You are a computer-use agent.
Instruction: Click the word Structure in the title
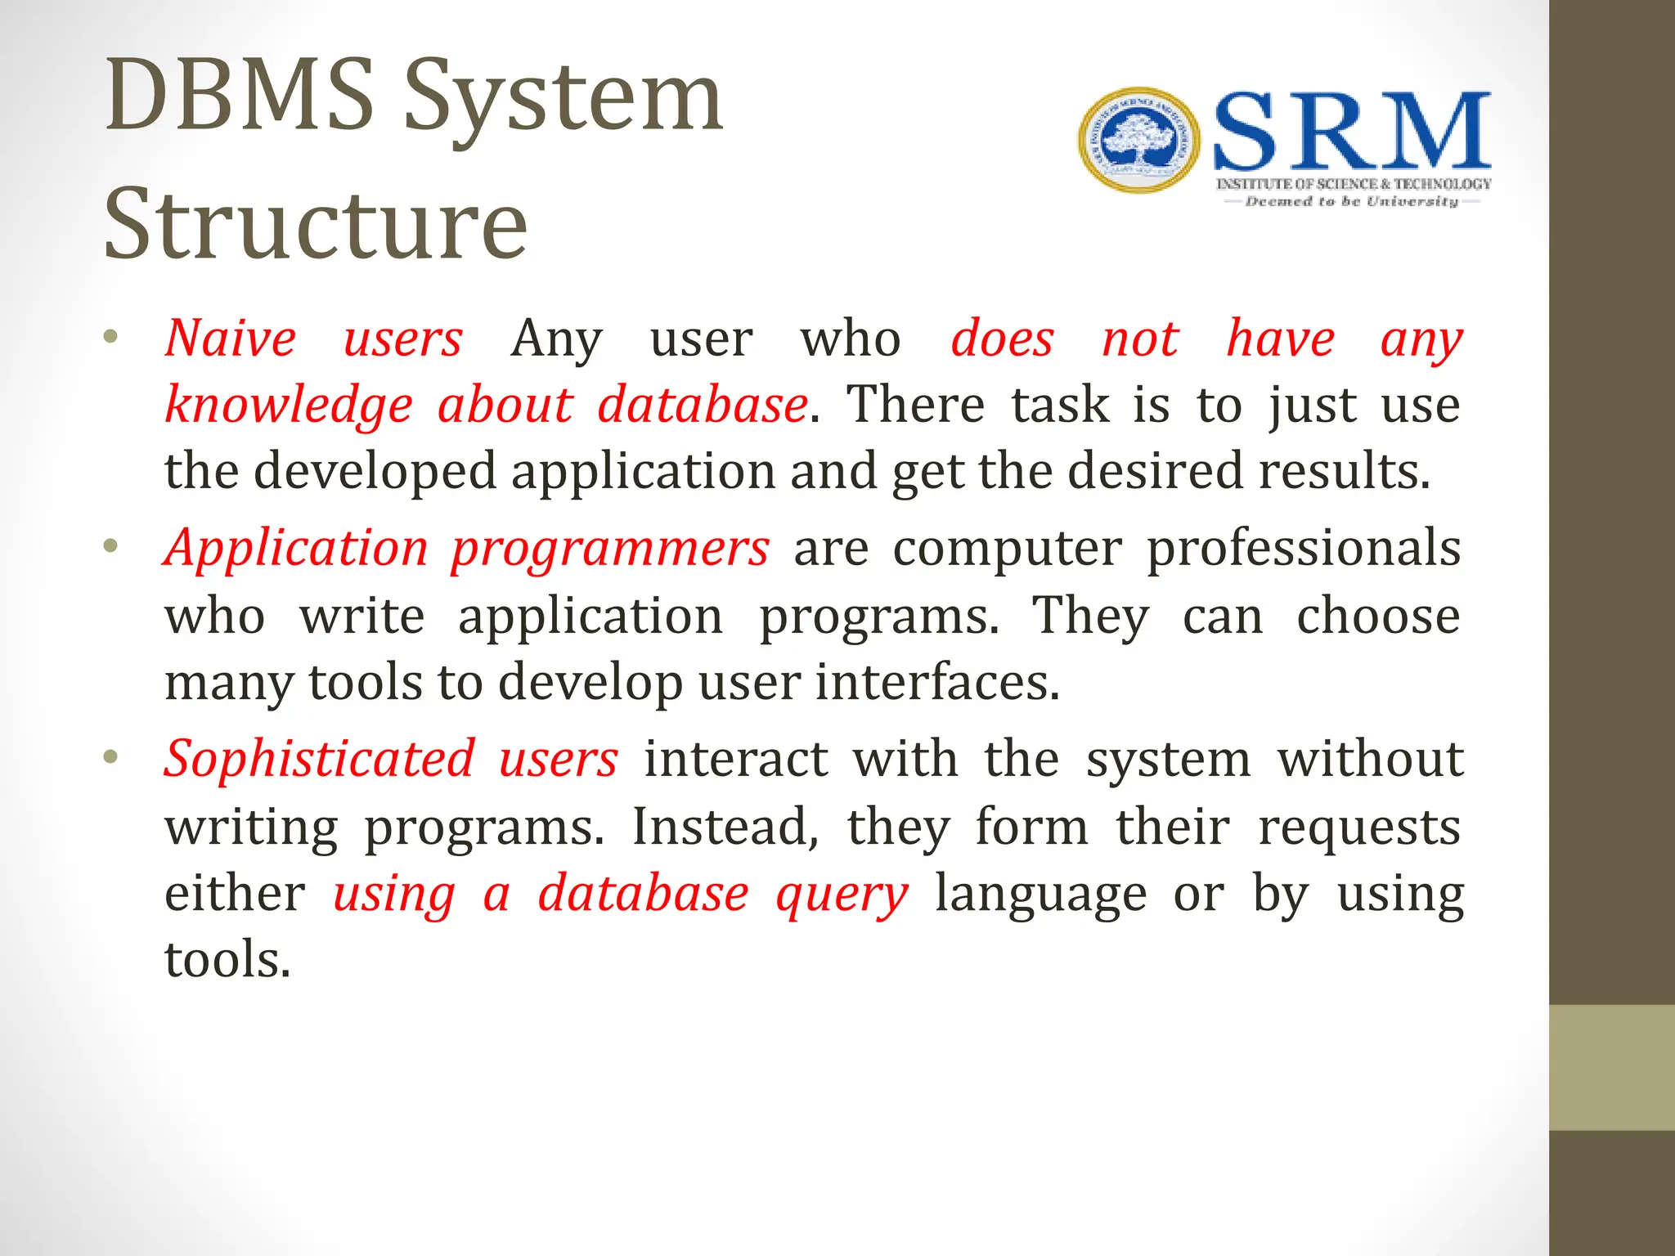[x=316, y=224]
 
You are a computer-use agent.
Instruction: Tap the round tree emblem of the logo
[x=1139, y=141]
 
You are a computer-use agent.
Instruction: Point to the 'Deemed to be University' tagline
[x=1351, y=201]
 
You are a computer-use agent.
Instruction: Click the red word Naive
[x=231, y=339]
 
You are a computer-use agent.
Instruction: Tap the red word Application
[x=296, y=548]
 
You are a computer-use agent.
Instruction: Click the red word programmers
[x=610, y=549]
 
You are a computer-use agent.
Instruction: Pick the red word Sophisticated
[x=320, y=759]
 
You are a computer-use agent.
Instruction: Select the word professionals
[x=1303, y=548]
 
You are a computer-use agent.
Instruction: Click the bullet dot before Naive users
[x=111, y=337]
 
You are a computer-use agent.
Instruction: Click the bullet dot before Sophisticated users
[x=111, y=757]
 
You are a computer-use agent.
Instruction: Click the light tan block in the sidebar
[x=1611, y=1067]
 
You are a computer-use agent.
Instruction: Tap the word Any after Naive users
[x=556, y=339]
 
